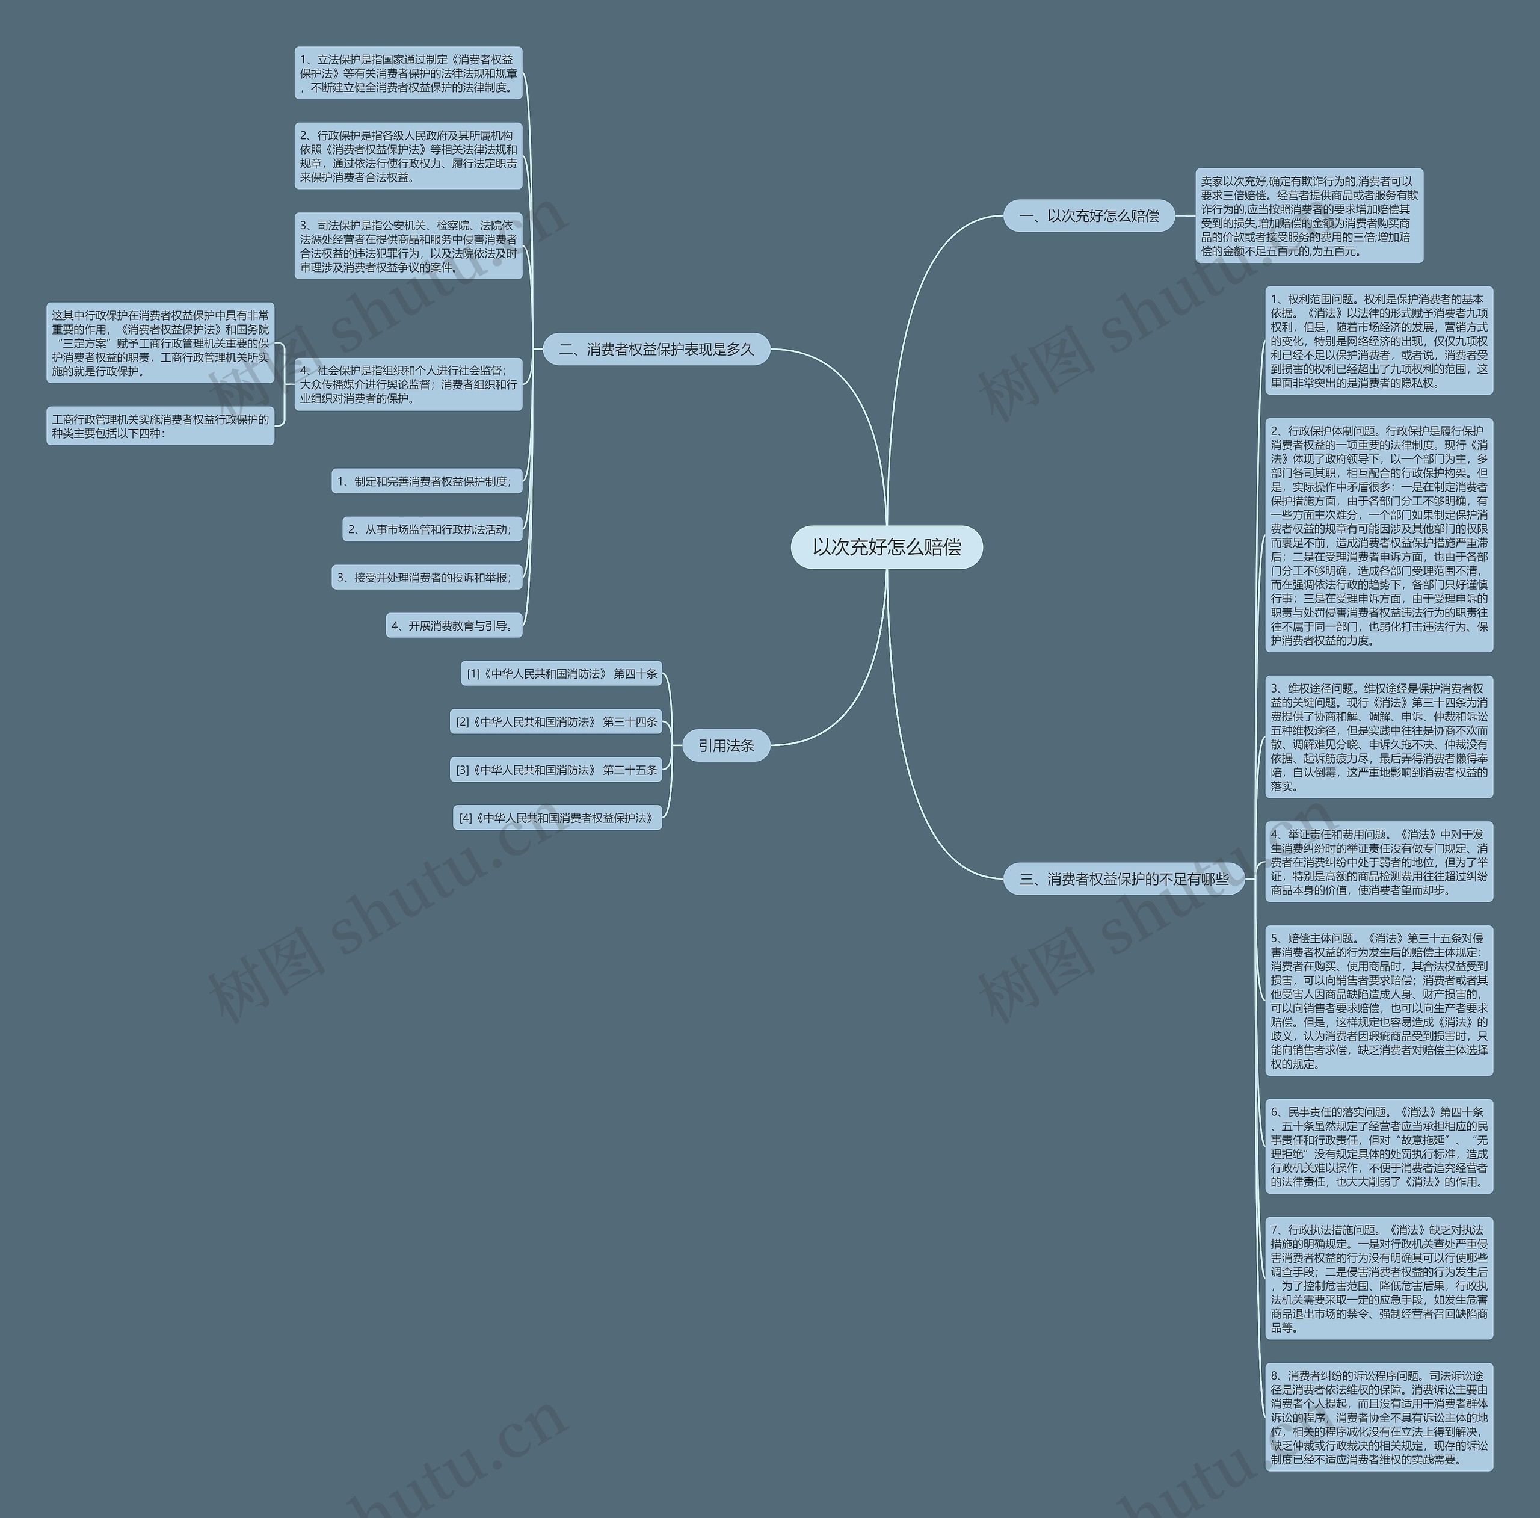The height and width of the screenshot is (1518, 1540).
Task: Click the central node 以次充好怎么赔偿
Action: [886, 547]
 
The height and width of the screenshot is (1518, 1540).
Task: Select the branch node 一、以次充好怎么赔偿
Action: [1089, 216]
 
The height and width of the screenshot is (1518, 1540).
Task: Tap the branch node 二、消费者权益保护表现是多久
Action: [656, 349]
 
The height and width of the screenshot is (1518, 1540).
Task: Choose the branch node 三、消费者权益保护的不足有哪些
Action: [1124, 878]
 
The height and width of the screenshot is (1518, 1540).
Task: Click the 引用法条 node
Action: [726, 745]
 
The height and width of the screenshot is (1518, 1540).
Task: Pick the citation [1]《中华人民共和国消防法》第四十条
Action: [561, 674]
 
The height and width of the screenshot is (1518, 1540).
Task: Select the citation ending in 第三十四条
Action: [556, 721]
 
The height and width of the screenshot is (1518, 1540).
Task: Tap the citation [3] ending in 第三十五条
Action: [556, 770]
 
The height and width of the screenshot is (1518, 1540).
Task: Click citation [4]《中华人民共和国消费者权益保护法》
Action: [557, 818]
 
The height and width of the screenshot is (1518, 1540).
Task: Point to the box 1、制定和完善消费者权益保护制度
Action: [427, 481]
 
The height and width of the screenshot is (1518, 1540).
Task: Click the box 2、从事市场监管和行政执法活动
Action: [432, 529]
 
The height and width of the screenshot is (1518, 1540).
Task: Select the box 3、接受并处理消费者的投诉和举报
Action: [427, 577]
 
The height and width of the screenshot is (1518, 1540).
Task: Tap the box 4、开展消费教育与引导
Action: [454, 626]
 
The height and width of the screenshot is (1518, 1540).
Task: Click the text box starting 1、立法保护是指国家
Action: [408, 73]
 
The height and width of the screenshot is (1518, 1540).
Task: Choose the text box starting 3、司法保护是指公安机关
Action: [408, 246]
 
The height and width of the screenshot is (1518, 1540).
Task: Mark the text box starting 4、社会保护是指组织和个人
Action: [408, 384]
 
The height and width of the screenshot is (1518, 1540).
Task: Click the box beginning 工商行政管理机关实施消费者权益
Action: [160, 426]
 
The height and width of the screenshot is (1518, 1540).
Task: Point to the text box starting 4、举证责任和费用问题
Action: [1379, 862]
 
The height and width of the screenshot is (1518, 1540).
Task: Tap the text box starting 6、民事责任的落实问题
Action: [1379, 1147]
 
